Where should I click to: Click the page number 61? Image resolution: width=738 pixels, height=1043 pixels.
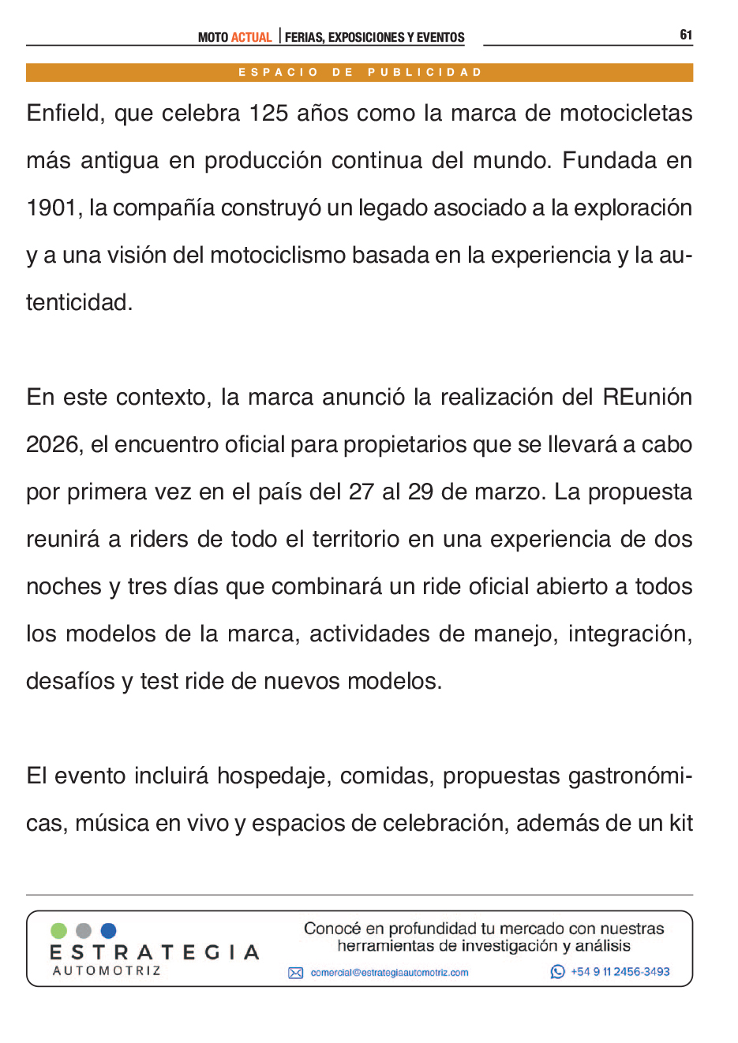(x=686, y=35)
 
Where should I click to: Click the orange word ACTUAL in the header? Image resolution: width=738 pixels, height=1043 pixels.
(x=251, y=37)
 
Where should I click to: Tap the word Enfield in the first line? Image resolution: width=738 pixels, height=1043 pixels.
(x=66, y=114)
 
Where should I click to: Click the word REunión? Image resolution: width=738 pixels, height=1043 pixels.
(x=647, y=397)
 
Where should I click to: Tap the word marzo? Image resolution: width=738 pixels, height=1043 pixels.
(x=508, y=492)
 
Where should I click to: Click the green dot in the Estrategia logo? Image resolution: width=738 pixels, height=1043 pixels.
(x=58, y=931)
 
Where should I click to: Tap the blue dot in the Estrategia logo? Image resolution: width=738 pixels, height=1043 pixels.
(x=109, y=931)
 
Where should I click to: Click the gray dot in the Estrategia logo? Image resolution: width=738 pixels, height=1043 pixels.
(x=84, y=931)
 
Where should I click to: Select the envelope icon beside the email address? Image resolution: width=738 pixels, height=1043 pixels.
(x=296, y=973)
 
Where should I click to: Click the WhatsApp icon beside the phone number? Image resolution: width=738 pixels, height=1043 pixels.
(x=558, y=972)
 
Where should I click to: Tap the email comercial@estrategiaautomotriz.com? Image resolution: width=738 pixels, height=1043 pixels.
(x=389, y=973)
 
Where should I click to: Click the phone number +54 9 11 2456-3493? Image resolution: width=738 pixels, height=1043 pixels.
(x=620, y=972)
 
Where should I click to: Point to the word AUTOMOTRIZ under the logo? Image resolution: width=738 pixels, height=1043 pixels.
(x=107, y=971)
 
